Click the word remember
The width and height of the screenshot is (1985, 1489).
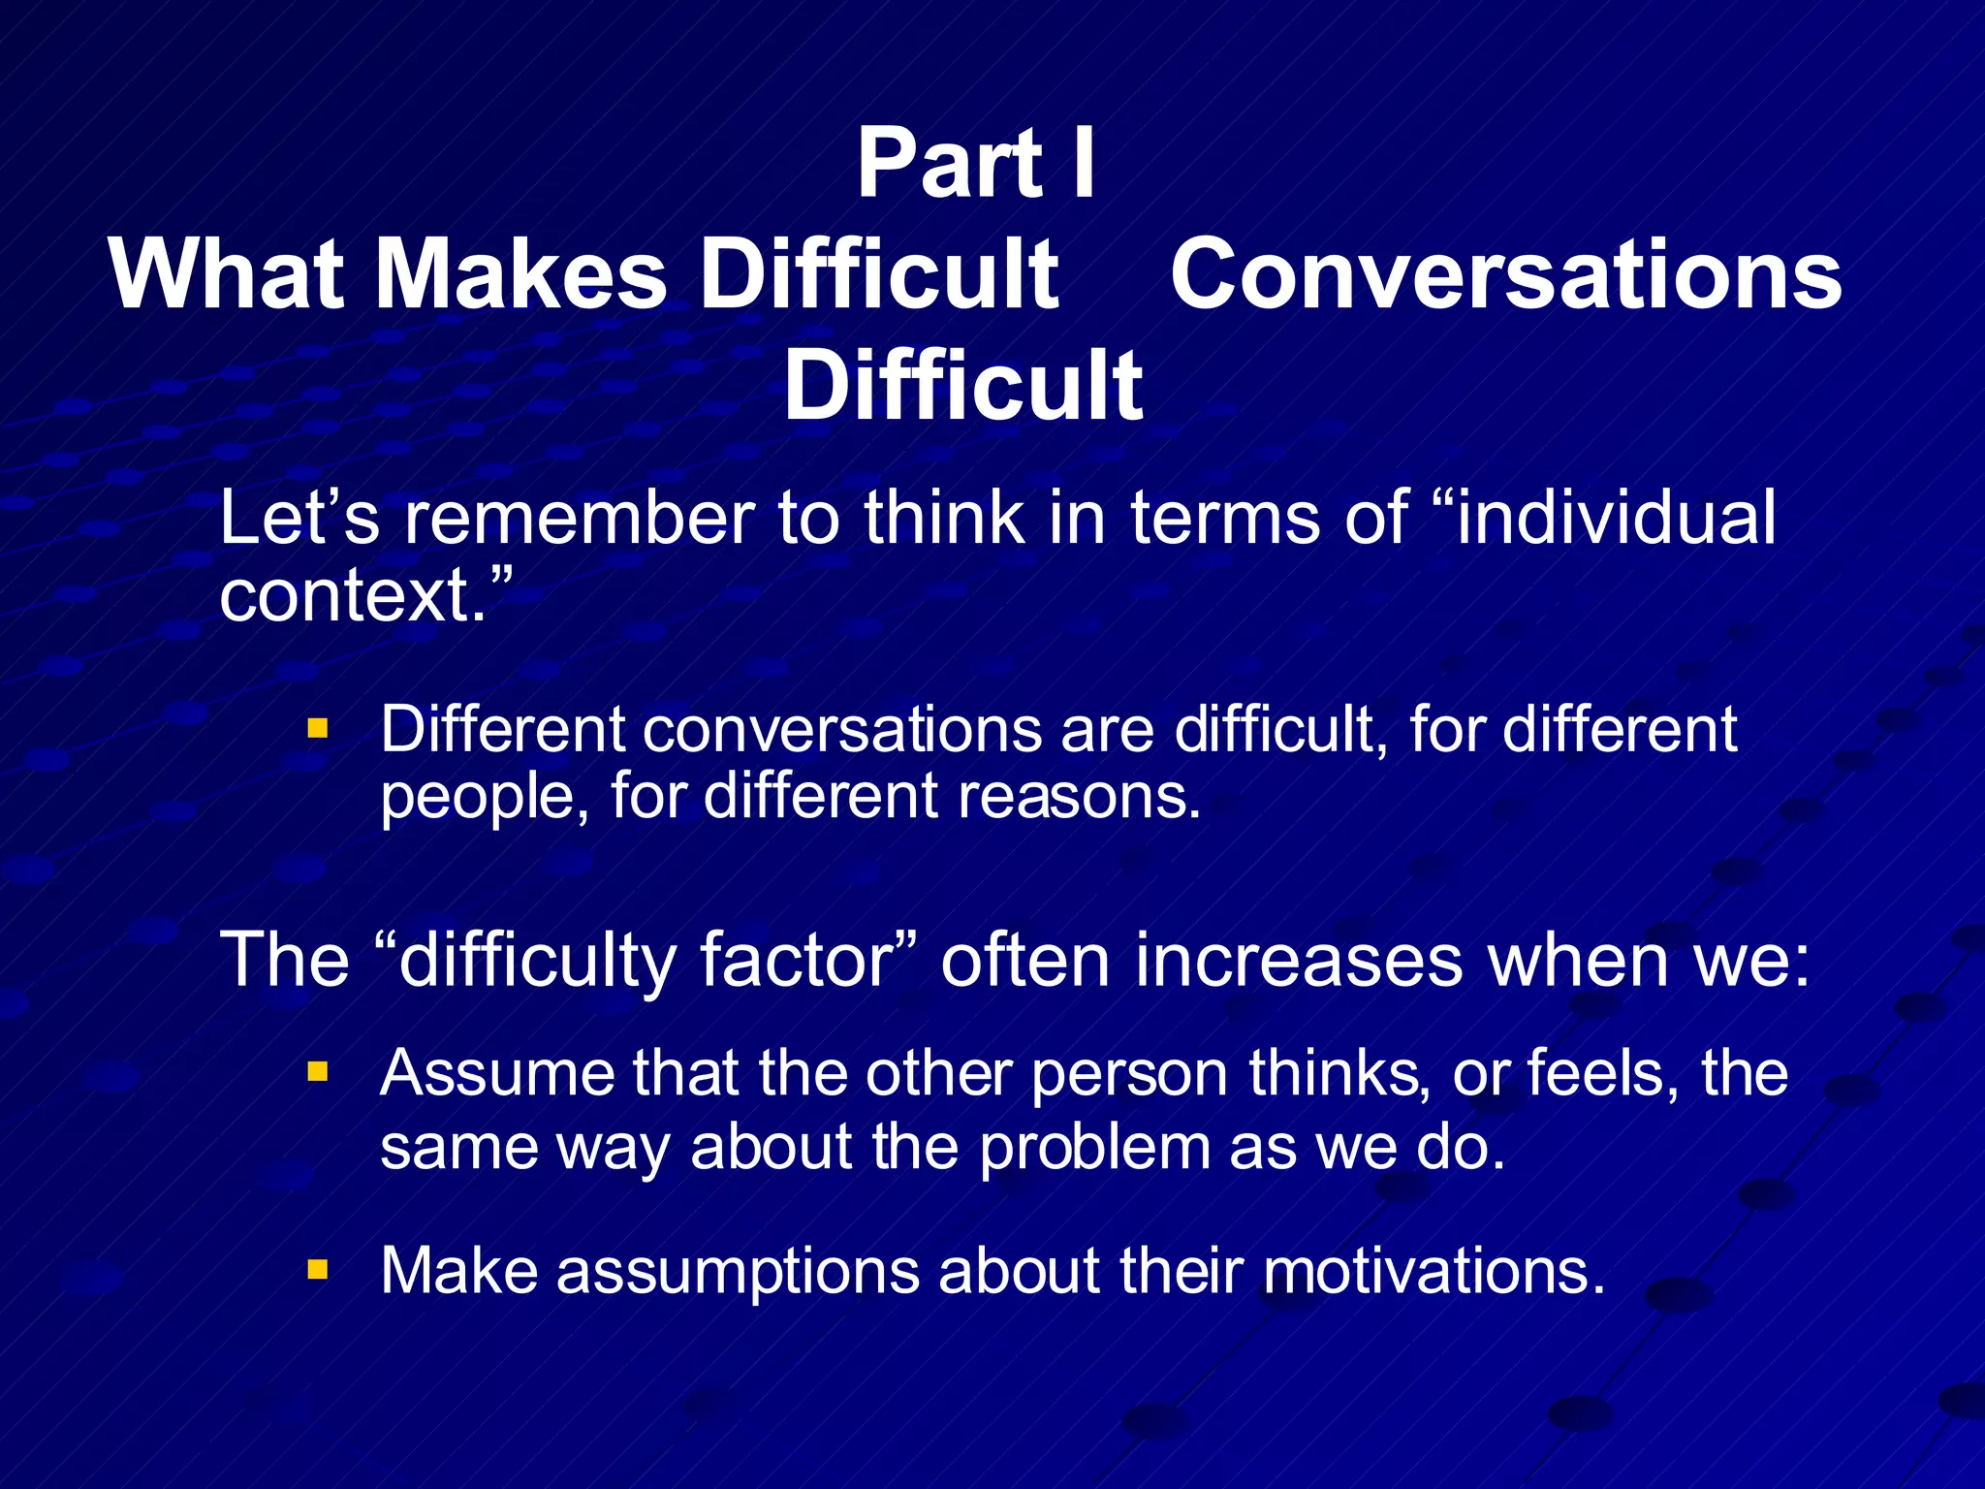pos(579,518)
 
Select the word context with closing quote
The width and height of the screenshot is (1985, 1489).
pos(363,594)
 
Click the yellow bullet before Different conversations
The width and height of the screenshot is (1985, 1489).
pos(318,728)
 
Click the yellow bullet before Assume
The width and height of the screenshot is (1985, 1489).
pos(318,1071)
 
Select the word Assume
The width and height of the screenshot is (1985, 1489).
pos(494,1073)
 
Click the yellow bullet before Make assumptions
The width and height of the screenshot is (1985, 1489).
pos(318,1269)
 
